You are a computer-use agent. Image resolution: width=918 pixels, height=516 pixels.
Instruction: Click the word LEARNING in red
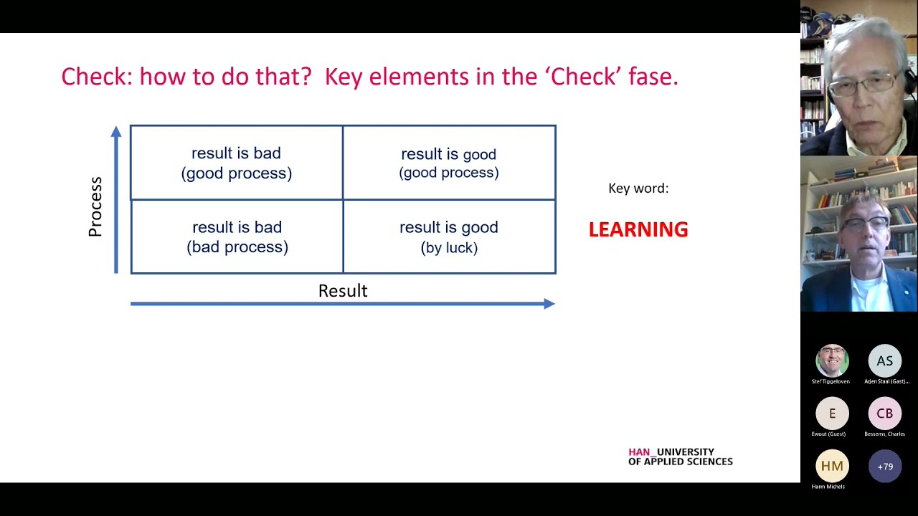(638, 229)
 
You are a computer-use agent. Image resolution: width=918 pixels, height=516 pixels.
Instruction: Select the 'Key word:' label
(638, 188)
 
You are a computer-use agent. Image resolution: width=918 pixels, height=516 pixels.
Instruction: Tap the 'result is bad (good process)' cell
(237, 163)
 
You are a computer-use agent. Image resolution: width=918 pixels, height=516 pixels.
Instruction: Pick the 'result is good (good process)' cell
(449, 163)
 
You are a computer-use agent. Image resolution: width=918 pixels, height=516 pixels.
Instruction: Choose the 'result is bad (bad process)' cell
(237, 236)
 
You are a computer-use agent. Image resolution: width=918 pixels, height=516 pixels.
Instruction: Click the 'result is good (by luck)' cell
(449, 236)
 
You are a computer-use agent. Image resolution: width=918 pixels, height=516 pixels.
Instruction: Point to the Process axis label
(95, 206)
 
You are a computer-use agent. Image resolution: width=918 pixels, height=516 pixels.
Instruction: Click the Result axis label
(343, 291)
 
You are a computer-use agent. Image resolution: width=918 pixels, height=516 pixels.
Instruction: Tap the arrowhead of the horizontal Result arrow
(549, 304)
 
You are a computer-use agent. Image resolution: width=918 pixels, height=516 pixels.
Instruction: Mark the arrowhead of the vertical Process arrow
(116, 132)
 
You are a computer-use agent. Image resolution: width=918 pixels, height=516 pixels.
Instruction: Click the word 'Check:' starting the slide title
(97, 76)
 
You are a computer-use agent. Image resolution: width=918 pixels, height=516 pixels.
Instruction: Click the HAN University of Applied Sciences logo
(680, 457)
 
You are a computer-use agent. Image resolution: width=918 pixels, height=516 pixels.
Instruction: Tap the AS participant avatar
(884, 361)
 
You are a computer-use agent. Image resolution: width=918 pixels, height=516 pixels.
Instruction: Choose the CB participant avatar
(884, 414)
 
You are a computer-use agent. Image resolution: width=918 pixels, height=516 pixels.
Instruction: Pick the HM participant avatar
(832, 466)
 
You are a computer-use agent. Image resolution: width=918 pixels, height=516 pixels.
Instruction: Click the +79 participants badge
(884, 467)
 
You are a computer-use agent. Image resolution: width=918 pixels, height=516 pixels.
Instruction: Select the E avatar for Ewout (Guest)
(832, 414)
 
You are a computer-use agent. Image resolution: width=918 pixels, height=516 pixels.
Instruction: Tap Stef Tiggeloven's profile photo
(832, 361)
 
